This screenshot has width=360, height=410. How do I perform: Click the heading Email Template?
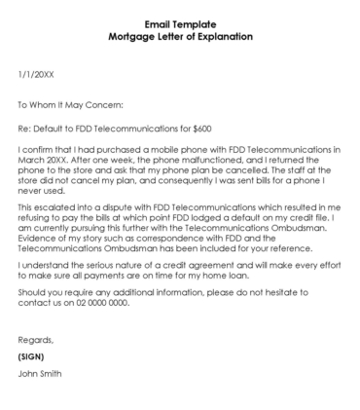coord(180,23)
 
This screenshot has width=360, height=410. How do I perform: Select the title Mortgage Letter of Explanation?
coord(180,36)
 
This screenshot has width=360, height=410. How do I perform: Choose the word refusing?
coord(38,222)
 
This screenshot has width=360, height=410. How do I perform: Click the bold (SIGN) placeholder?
coord(33,385)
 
